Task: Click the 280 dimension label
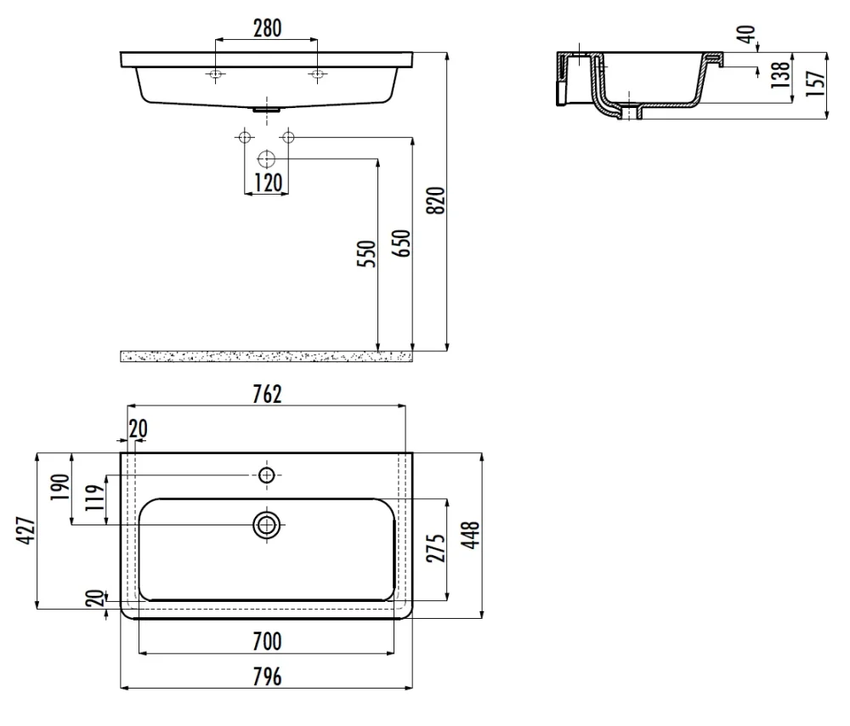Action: click(267, 28)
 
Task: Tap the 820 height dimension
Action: click(436, 200)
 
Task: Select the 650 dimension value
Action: click(402, 243)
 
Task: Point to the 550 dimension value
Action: click(367, 253)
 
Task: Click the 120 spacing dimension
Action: click(268, 183)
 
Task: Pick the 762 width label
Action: click(267, 394)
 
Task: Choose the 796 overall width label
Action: click(267, 677)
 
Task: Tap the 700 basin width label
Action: click(267, 642)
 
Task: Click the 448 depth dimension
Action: click(471, 535)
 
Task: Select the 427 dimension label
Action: click(25, 530)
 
